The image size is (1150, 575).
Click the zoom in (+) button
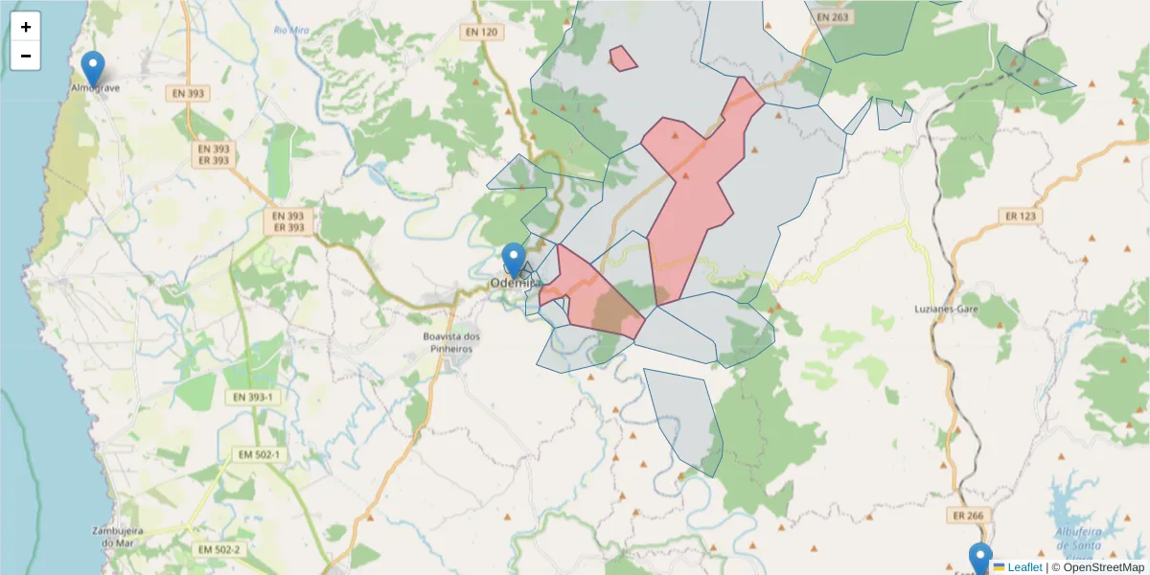pyautogui.click(x=26, y=27)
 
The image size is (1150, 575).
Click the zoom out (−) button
pyautogui.click(x=26, y=56)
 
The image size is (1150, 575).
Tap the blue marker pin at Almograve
pyautogui.click(x=93, y=67)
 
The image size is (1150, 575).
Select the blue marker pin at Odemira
pyautogui.click(x=515, y=260)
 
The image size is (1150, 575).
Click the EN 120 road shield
pyautogui.click(x=481, y=33)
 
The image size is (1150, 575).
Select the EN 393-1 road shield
pyautogui.click(x=254, y=397)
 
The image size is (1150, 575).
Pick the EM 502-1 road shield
pyautogui.click(x=257, y=454)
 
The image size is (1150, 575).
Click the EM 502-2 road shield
pyautogui.click(x=219, y=549)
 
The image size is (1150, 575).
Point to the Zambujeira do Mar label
pyautogui.click(x=117, y=536)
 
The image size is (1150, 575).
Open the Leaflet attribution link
pyautogui.click(x=1023, y=567)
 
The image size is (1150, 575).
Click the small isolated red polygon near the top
pyautogui.click(x=623, y=58)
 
